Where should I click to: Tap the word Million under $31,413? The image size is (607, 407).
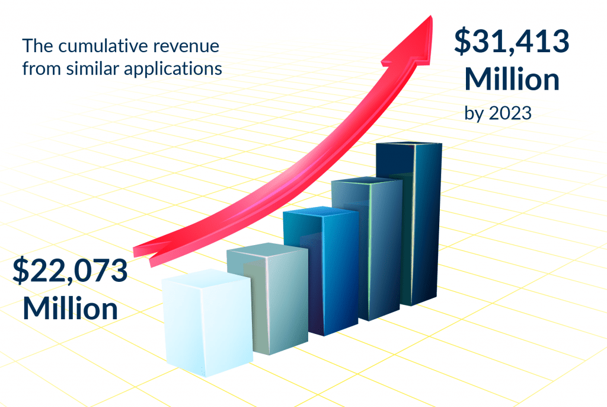(511, 80)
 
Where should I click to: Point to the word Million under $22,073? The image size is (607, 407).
(71, 309)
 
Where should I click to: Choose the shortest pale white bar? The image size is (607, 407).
(207, 326)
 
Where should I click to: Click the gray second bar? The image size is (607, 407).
(270, 303)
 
